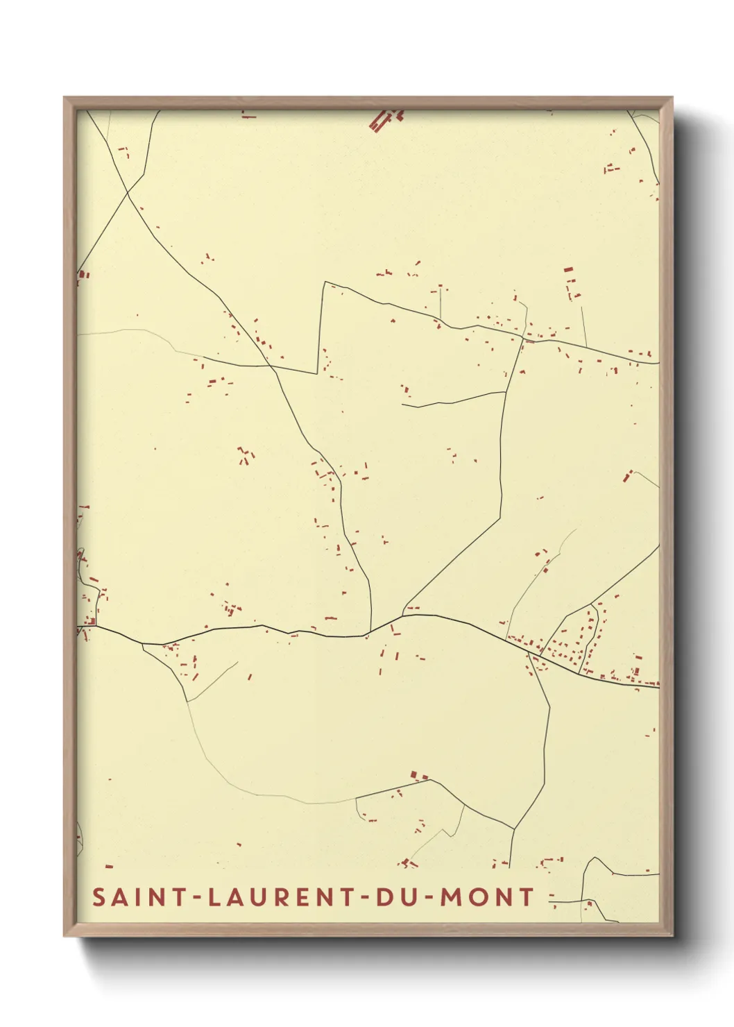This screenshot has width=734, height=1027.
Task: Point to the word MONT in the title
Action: pyautogui.click(x=487, y=897)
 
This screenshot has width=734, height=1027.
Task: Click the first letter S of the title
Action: pyautogui.click(x=99, y=897)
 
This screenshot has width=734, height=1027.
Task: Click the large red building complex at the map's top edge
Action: pyautogui.click(x=384, y=119)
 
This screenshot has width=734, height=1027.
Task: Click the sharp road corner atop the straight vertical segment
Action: pyautogui.click(x=324, y=282)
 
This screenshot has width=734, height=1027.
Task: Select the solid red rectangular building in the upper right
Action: pyautogui.click(x=568, y=269)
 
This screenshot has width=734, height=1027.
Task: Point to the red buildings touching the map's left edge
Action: pyautogui.click(x=83, y=275)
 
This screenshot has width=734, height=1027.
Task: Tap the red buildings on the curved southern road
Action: pyautogui.click(x=418, y=775)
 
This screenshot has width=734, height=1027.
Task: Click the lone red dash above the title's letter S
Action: pyautogui.click(x=109, y=867)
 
